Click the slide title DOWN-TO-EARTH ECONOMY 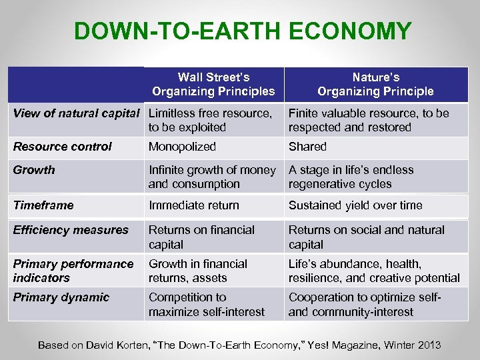243,31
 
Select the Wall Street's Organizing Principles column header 213,84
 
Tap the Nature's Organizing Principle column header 375,84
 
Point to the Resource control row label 63,147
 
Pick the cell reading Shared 307,147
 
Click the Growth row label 34,170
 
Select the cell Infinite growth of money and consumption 211,177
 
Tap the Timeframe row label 43,205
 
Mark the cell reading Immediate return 193,205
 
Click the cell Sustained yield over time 355,205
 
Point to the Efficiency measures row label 71,230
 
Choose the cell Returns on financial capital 201,237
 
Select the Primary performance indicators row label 73,271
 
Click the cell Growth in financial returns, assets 197,271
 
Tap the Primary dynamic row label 61,297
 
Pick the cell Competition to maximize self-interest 206,305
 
